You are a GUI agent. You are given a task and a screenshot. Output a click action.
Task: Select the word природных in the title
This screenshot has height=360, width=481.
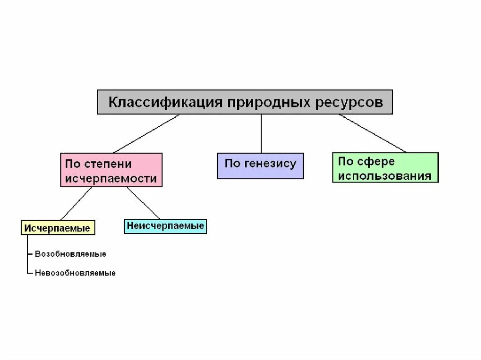266,102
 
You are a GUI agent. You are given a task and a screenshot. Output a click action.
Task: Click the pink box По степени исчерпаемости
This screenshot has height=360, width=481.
111,170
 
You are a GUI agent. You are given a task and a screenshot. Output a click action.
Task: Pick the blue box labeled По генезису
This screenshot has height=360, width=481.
260,166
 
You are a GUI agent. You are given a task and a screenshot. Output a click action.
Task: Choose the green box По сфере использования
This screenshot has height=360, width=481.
385,168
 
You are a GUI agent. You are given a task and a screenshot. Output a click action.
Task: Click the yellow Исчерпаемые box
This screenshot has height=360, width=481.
58,229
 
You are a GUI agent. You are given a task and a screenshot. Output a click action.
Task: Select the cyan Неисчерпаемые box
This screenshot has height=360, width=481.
165,226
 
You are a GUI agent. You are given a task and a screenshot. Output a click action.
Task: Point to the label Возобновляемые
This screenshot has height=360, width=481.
70,254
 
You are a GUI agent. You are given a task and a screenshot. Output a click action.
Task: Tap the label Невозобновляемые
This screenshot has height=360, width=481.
75,273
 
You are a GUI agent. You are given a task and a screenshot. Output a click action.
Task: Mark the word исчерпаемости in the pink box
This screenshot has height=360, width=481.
111,178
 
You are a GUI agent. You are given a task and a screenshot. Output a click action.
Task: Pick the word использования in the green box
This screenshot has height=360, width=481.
385,176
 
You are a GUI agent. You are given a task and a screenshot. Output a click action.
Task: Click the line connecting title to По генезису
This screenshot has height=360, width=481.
261,134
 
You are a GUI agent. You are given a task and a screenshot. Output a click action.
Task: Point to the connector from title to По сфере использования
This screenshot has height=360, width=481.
372,133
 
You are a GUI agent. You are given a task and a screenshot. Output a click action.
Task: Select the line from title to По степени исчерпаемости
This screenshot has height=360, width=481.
146,134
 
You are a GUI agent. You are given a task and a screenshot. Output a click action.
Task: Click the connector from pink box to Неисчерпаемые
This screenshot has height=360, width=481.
143,203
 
